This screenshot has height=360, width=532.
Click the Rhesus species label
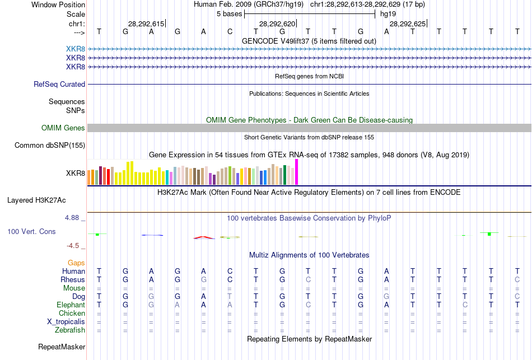tap(73, 279)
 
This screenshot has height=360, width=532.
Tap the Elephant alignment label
tap(71, 305)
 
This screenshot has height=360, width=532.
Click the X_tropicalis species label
tap(66, 321)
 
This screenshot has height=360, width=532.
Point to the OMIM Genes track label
tap(63, 128)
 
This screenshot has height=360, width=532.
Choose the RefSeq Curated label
tap(59, 84)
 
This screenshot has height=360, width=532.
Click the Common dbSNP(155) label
tap(49, 145)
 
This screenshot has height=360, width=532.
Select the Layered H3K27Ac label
tap(40, 199)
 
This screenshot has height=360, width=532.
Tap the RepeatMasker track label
tap(62, 347)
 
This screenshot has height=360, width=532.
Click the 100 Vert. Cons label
tap(31, 231)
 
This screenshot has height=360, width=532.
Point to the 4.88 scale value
tap(74, 217)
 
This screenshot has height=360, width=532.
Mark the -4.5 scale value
tap(73, 245)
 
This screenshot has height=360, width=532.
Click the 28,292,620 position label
tap(277, 24)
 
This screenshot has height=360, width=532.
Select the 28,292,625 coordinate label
tap(408, 24)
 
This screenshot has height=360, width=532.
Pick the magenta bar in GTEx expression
tap(297, 172)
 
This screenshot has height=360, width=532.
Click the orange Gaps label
tap(76, 263)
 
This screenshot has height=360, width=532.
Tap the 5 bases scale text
tap(229, 13)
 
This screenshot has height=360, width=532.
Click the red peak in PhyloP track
tap(204, 237)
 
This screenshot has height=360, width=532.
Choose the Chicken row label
tap(72, 313)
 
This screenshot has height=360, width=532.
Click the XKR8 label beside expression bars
tap(76, 173)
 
